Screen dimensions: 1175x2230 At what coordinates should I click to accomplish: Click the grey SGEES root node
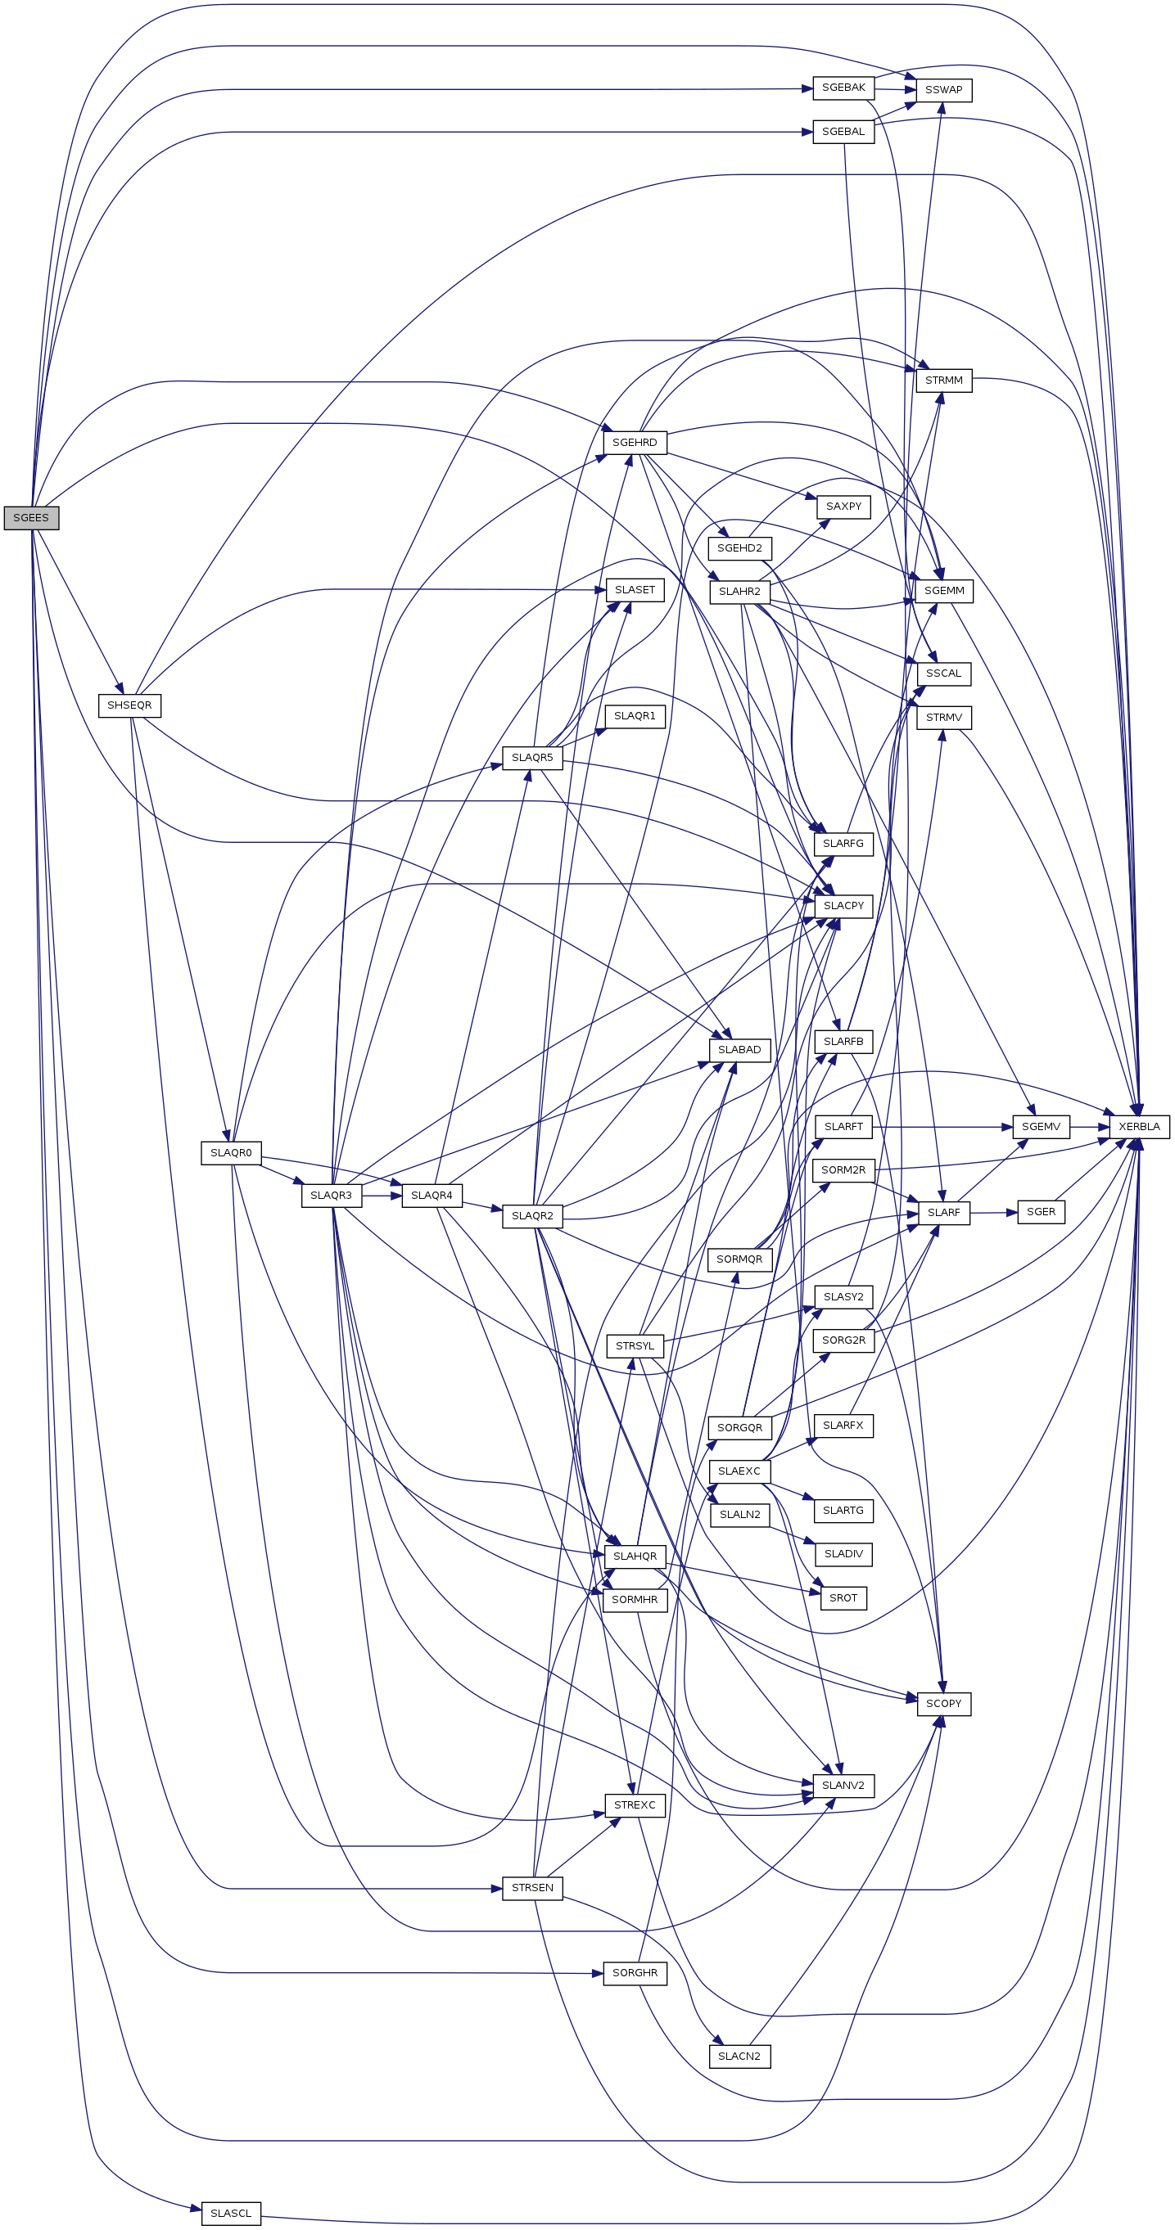tap(31, 518)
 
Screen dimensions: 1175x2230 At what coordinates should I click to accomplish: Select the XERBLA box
tap(1139, 1126)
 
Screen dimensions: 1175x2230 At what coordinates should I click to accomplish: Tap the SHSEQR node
tap(129, 705)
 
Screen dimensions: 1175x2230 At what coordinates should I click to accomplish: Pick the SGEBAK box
tap(843, 88)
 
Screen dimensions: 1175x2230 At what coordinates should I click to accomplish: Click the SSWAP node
tap(944, 90)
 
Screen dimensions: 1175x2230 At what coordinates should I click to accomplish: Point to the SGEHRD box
tap(635, 443)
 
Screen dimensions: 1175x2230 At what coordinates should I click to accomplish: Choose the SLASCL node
tap(230, 2214)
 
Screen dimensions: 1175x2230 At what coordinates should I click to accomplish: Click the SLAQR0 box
tap(230, 1153)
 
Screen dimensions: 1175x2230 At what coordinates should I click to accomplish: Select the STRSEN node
tap(532, 1888)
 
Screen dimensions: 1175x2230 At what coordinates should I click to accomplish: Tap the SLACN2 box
tap(739, 2056)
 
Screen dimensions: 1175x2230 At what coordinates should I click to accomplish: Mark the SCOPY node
tap(944, 1704)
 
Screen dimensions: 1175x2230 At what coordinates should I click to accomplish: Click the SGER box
tap(1041, 1212)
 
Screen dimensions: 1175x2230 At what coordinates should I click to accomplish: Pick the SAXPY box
tap(843, 507)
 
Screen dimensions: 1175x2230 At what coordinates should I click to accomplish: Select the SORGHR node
tap(635, 1973)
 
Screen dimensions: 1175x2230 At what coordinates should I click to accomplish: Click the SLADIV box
tap(843, 1554)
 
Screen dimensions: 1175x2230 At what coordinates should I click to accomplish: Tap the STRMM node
tap(944, 381)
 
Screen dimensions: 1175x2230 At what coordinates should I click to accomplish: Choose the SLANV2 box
tap(843, 1785)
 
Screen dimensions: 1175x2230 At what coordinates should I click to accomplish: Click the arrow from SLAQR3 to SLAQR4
tap(382, 1196)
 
